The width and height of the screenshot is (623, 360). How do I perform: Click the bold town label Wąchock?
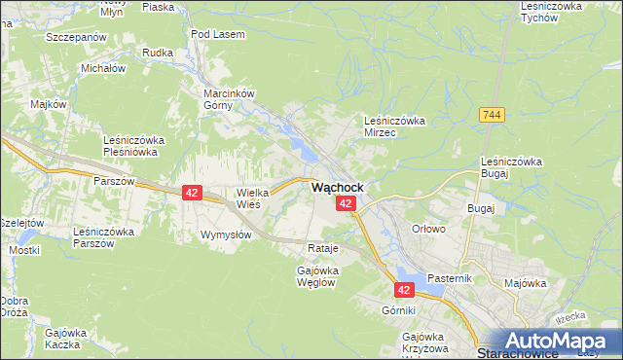click(x=338, y=187)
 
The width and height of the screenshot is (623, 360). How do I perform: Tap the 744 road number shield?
click(x=492, y=115)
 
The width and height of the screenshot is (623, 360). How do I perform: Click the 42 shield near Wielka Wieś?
click(x=192, y=194)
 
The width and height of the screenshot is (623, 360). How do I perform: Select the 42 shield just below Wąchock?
click(x=346, y=202)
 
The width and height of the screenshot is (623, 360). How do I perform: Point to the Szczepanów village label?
click(x=75, y=36)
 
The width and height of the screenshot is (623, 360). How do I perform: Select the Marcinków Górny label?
click(x=228, y=100)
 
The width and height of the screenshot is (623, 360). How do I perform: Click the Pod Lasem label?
click(x=218, y=34)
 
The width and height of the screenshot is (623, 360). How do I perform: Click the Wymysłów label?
click(x=227, y=235)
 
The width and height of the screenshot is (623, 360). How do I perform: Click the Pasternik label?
click(x=449, y=278)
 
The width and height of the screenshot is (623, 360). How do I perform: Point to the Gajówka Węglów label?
click(x=316, y=275)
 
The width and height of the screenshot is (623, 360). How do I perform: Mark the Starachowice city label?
click(x=516, y=353)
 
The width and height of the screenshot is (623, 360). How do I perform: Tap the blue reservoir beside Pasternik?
click(x=407, y=275)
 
